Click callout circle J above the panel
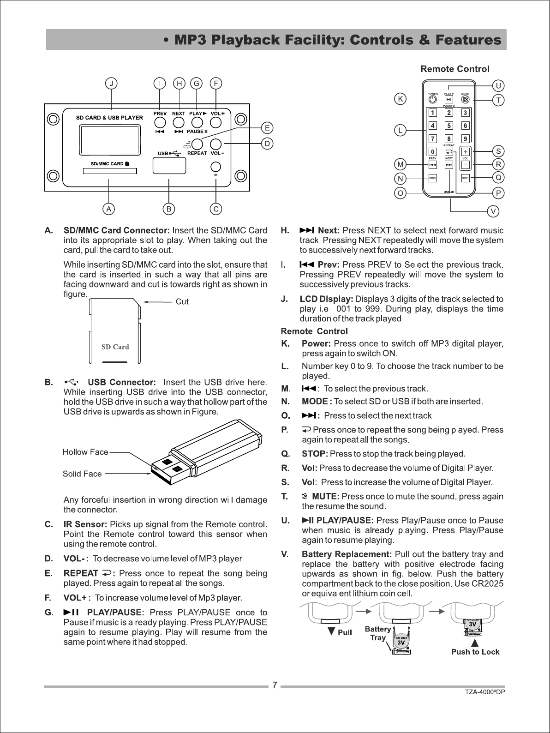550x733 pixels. [112, 83]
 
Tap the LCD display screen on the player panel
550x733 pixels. [109, 140]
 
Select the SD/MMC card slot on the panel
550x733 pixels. [110, 171]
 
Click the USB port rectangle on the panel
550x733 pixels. [169, 166]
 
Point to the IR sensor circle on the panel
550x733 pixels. [216, 167]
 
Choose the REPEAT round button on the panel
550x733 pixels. [197, 144]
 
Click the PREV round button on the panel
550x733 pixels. [160, 123]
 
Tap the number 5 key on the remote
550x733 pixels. [449, 126]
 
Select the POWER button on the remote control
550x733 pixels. [432, 100]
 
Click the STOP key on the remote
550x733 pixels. [465, 178]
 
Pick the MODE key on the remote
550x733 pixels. [432, 178]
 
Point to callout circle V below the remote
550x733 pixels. [493, 211]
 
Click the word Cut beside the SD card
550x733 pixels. [182, 301]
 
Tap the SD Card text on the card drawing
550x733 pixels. [115, 347]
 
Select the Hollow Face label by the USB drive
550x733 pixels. [85, 452]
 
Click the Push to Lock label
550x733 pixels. [475, 652]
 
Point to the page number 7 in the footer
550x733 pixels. [275, 685]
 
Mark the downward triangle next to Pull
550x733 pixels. [331, 631]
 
